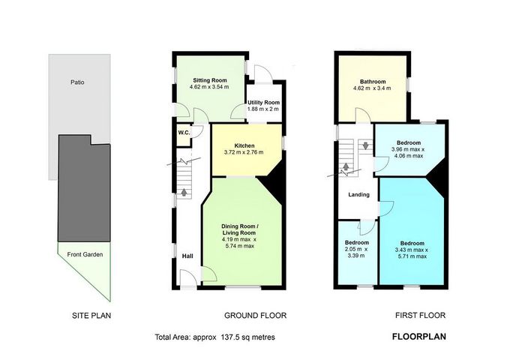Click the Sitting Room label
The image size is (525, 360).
pos(209,80)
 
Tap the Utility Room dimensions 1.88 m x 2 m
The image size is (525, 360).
pos(262,109)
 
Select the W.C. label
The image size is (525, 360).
pos(184,133)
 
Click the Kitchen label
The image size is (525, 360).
pos(244,145)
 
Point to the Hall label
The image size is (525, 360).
pos(187,256)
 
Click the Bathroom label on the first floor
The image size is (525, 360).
pos(373,82)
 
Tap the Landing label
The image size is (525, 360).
pos(358,194)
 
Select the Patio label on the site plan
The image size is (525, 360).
pos(77,82)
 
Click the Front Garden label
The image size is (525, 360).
pos(85,254)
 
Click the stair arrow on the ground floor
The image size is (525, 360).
pos(184,192)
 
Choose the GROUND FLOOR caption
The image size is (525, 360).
pos(255,316)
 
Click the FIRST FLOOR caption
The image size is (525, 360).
pos(420,316)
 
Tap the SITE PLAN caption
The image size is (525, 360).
pos(91,316)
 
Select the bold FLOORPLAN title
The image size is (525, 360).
pos(419,337)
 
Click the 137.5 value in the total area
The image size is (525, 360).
pos(229,337)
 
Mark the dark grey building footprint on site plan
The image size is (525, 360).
pos(84,188)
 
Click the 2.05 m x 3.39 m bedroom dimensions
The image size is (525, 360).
pos(356,253)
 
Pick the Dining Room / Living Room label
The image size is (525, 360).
pos(239,229)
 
